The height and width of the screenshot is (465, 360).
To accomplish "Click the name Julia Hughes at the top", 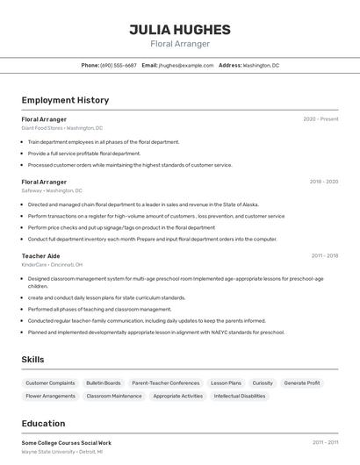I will pos(180,29).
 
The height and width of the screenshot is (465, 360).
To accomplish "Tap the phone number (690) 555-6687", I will pos(119,65).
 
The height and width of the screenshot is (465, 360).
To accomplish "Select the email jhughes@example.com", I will pos(186,65).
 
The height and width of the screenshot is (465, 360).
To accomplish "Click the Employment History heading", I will pos(65,100).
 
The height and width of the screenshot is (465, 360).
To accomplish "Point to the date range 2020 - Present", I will pos(320,118).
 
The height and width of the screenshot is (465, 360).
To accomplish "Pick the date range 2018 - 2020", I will pos(324,182).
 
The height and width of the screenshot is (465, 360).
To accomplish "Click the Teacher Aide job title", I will pos(41,256).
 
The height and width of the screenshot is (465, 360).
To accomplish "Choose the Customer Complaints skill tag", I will pos(50,383).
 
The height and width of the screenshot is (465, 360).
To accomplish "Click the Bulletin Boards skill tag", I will pos(104,383).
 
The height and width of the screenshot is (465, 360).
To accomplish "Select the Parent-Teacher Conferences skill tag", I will pos(166,383).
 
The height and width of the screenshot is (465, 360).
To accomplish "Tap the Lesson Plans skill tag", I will pos(226,383).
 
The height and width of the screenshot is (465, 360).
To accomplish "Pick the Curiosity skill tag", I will pos(263,383).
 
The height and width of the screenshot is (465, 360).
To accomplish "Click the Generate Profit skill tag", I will pos(302,383).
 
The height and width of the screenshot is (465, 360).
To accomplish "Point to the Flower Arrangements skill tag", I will pos(50,396).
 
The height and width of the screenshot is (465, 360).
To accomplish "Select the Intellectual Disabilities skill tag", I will pos(240,396).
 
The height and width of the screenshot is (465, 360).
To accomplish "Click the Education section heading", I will pos(43,424).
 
